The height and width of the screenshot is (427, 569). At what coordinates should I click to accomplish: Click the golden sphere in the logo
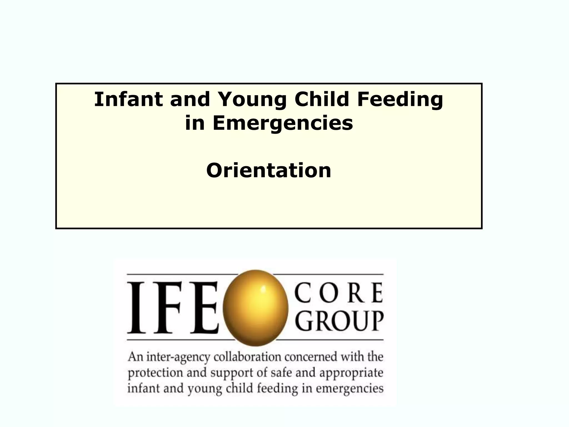[x=255, y=308]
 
